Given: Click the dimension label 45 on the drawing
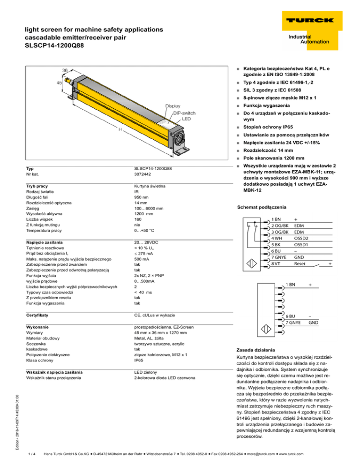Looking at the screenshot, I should [59, 83].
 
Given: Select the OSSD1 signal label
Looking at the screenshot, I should [301, 245].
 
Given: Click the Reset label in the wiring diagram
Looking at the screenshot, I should [300, 264].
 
